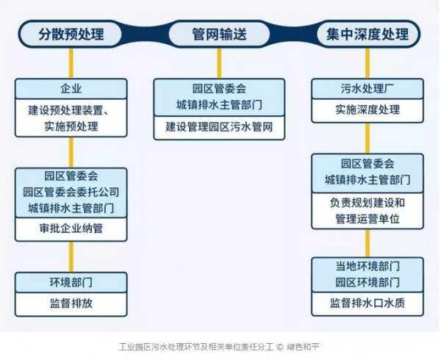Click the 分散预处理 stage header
71,34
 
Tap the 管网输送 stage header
219,34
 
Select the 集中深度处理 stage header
367,34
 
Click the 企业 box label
71,88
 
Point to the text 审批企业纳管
71,228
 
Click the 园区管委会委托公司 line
71,192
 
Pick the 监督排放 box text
71,303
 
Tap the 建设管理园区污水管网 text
219,127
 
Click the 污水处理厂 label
367,88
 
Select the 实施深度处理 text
367,109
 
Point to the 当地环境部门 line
367,266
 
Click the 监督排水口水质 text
367,303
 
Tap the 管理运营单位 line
367,219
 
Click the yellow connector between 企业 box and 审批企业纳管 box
71,152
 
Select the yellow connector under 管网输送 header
219,63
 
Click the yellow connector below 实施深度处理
367,138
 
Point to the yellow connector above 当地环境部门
367,243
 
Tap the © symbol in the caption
280,347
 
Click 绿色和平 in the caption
303,347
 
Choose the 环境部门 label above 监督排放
71,282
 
